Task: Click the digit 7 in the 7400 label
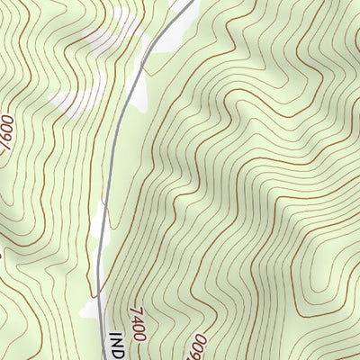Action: coord(132,309)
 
